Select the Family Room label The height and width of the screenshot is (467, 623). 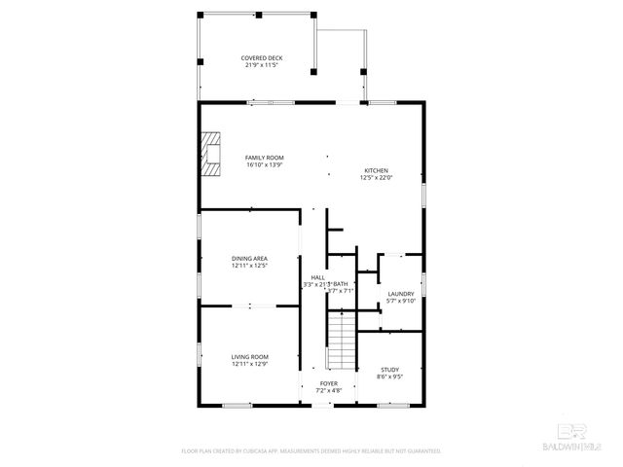pyautogui.click(x=264, y=158)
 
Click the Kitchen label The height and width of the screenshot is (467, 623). pyautogui.click(x=377, y=170)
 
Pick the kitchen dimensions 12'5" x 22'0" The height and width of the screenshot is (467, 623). pyautogui.click(x=377, y=177)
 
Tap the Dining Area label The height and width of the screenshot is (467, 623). pyautogui.click(x=249, y=258)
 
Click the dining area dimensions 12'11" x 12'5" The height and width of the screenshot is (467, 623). pyautogui.click(x=249, y=265)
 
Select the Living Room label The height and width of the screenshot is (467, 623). pyautogui.click(x=249, y=357)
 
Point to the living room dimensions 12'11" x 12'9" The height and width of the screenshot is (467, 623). pyautogui.click(x=249, y=364)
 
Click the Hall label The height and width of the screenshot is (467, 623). pyautogui.click(x=317, y=277)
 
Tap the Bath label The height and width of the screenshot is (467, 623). pyautogui.click(x=341, y=283)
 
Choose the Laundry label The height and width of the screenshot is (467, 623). pyautogui.click(x=401, y=294)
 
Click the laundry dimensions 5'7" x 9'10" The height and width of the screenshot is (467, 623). pyautogui.click(x=401, y=301)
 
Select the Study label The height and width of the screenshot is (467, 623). pyautogui.click(x=390, y=369)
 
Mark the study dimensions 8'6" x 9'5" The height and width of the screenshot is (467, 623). pyautogui.click(x=390, y=376)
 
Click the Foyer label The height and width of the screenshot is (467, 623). pyautogui.click(x=329, y=383)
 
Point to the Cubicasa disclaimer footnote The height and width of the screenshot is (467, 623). pyautogui.click(x=311, y=450)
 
